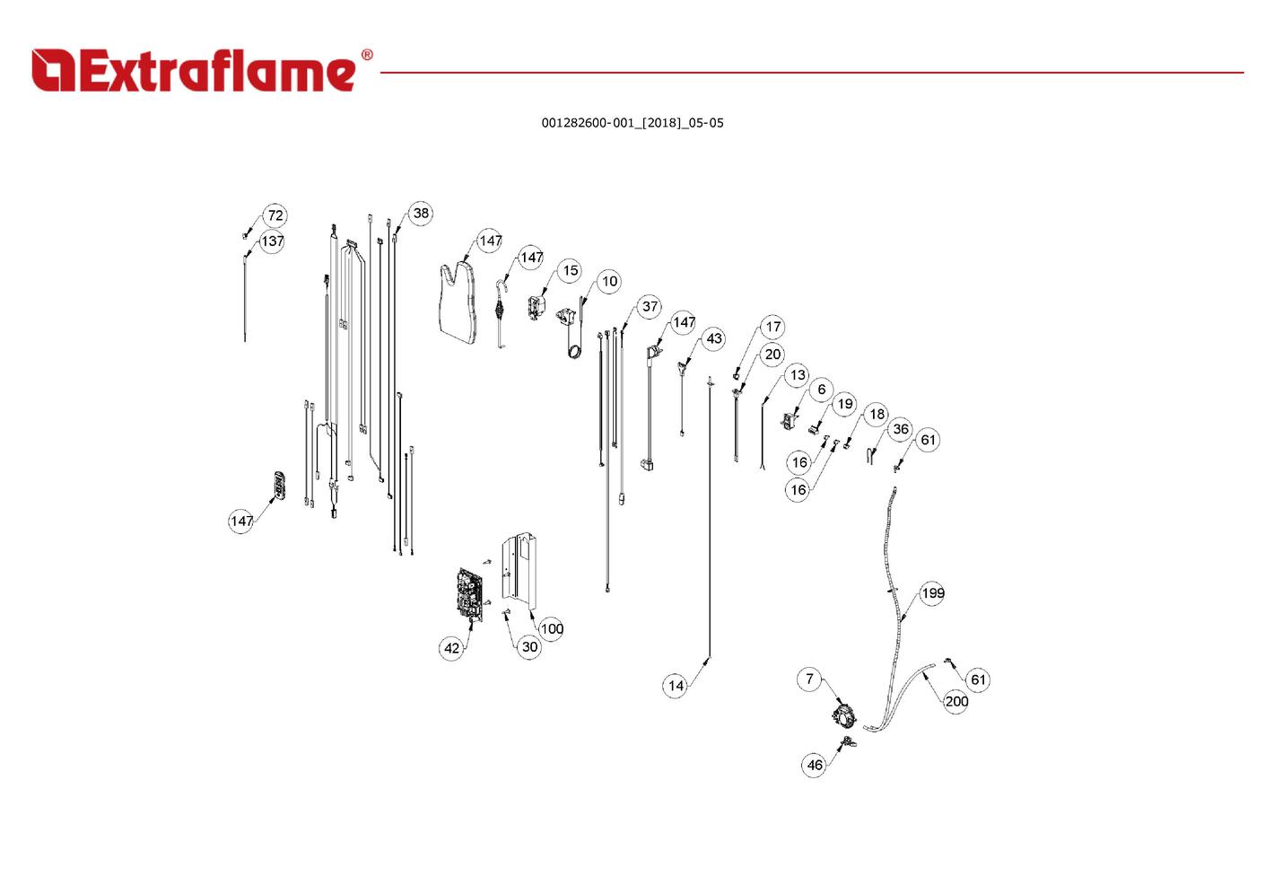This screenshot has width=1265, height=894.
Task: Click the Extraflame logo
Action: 202,71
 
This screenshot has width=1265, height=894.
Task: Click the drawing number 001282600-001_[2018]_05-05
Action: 632,123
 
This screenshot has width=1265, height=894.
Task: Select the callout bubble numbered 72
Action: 275,215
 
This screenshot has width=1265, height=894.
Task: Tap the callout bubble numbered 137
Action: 272,241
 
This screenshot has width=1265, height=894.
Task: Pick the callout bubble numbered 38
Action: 421,213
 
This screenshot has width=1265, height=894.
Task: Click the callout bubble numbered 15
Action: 571,271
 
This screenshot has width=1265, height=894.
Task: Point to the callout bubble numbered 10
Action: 609,282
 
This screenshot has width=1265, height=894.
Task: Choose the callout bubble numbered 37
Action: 650,307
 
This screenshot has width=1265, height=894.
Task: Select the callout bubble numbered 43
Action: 714,338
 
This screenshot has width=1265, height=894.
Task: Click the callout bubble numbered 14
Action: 676,686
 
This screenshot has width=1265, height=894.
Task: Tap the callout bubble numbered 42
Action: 451,648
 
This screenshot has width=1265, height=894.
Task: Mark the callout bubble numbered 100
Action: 551,629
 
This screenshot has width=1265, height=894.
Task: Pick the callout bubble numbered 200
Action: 956,701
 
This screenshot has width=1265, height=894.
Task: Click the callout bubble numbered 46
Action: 815,765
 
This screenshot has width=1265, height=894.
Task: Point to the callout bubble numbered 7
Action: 810,679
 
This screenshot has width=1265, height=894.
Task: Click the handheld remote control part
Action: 280,485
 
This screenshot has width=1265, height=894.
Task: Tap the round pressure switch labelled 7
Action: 844,714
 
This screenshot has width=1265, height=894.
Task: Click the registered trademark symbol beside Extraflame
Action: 367,55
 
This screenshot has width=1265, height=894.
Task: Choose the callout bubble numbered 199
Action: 932,593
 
